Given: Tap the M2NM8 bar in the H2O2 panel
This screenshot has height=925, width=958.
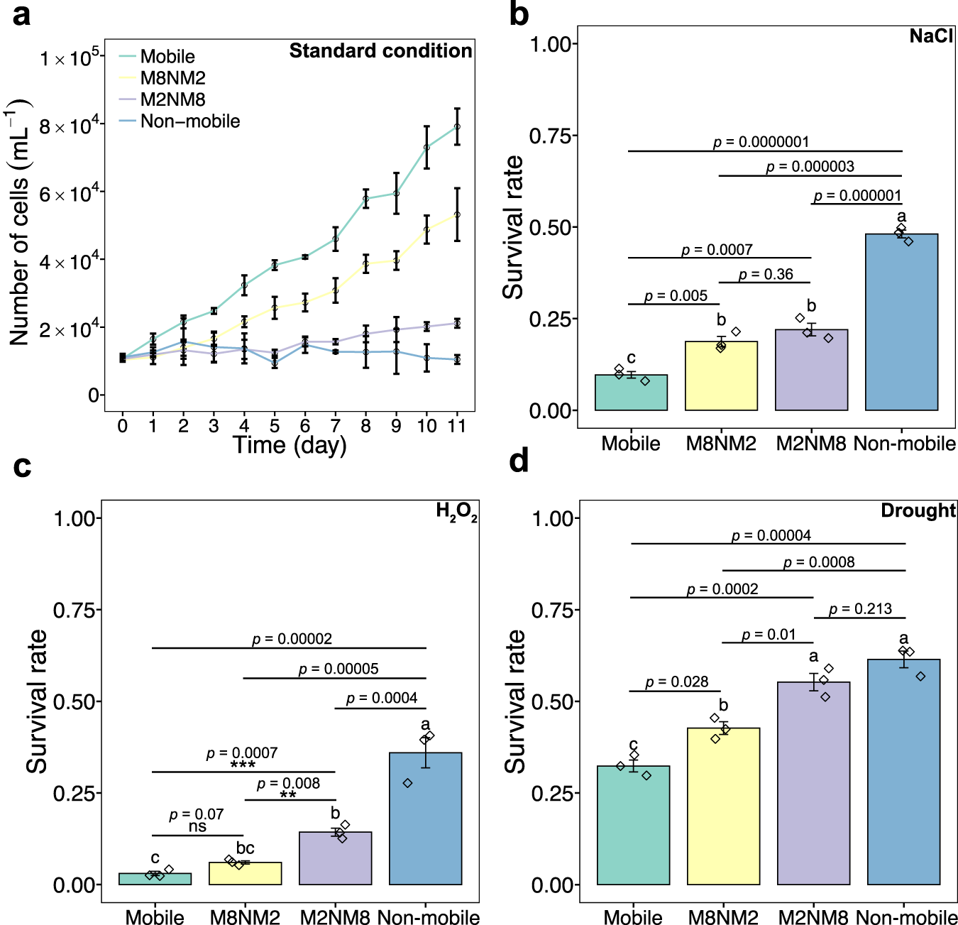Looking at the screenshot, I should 335,858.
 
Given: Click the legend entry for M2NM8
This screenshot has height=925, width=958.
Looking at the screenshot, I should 172,100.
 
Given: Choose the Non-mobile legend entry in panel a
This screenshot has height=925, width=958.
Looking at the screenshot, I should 189,121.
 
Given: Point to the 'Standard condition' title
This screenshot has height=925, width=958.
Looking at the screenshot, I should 380,51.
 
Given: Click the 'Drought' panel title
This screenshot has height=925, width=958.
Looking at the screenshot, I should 918,510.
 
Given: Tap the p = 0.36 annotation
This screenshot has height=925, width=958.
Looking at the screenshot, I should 766,275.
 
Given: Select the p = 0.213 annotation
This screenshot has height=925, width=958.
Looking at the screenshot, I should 860,609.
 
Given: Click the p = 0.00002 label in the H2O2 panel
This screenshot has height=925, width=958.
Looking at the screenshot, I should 292,639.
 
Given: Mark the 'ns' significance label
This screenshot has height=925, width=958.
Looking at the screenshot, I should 197,826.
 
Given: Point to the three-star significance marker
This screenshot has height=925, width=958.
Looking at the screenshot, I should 243,765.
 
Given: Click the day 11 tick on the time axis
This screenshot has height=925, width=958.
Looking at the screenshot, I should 457,426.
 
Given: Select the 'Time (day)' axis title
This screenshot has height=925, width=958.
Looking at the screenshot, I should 290,445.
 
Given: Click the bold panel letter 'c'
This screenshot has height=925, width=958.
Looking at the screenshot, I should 22,466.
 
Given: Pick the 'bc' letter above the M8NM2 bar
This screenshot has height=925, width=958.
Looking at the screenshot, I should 245,848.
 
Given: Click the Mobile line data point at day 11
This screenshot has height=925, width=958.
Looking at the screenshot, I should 457,127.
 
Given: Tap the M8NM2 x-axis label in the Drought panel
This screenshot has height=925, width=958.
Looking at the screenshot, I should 723,917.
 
